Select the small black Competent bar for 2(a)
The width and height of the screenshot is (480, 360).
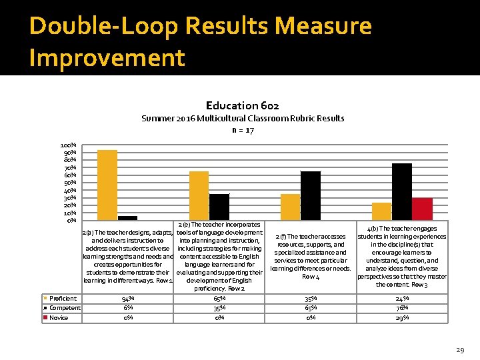(x=127, y=217)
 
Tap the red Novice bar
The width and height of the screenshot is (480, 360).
(x=422, y=209)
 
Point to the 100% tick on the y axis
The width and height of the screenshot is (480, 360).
(x=68, y=145)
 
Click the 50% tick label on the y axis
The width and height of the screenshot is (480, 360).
(x=68, y=182)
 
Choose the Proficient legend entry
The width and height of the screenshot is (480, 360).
(x=63, y=298)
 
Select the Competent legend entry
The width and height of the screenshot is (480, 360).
(x=63, y=308)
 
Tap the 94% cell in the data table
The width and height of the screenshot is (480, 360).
(x=127, y=298)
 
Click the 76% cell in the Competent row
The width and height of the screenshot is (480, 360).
(x=402, y=308)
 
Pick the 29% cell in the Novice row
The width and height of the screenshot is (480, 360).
(x=402, y=318)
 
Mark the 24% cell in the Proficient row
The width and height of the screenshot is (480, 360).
(x=402, y=298)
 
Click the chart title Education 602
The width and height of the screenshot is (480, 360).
(x=243, y=105)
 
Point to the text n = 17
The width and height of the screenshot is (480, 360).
(x=243, y=131)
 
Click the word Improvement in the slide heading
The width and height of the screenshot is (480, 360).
(x=107, y=58)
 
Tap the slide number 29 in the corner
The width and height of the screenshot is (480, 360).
(x=459, y=349)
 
